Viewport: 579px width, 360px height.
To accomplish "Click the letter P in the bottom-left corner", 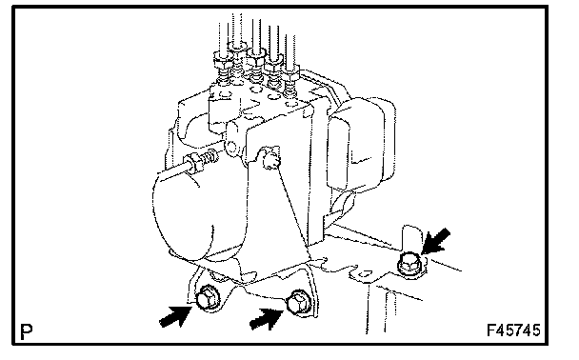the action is coord(27,332).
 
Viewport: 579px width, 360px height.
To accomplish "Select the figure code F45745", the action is coord(513,330).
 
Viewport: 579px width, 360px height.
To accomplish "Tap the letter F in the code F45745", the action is coord(491,330).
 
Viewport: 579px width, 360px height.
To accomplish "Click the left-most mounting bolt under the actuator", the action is coord(208,297).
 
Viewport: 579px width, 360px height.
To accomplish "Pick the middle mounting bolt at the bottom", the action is coord(299,303).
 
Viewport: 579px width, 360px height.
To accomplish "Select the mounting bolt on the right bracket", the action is coord(409,265).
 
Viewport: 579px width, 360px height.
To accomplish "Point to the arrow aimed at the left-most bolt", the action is coord(175,316).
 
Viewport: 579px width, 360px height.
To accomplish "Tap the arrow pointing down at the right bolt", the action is coord(436,241).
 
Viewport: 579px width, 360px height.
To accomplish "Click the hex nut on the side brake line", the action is coord(194,163).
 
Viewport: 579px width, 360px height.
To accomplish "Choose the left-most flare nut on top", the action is coord(223,61).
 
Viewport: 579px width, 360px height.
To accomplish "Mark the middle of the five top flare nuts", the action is coord(256,57).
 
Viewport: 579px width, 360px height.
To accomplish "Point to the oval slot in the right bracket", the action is coord(365,274).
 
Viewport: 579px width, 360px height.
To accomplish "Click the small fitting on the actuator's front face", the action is coord(270,158).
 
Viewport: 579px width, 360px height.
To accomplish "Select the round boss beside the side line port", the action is coord(230,148).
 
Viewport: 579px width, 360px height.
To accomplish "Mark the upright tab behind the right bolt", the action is coord(411,239).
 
